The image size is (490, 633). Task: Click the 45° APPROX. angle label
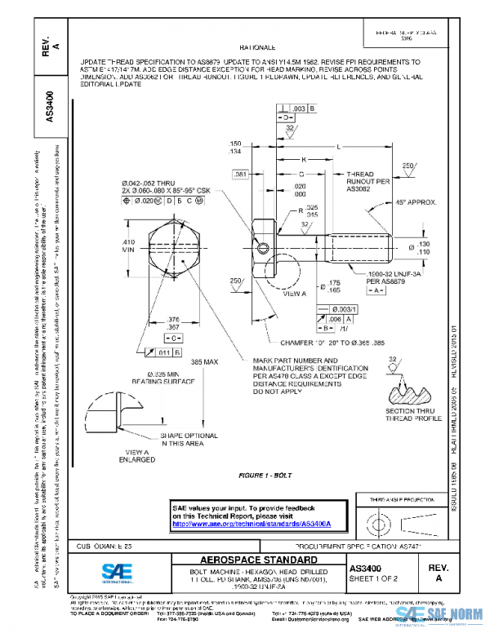click(416, 201)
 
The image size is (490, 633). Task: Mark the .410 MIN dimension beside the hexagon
click(128, 247)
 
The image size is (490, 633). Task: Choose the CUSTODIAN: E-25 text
click(105, 544)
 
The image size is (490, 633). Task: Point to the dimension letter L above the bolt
click(338, 145)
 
